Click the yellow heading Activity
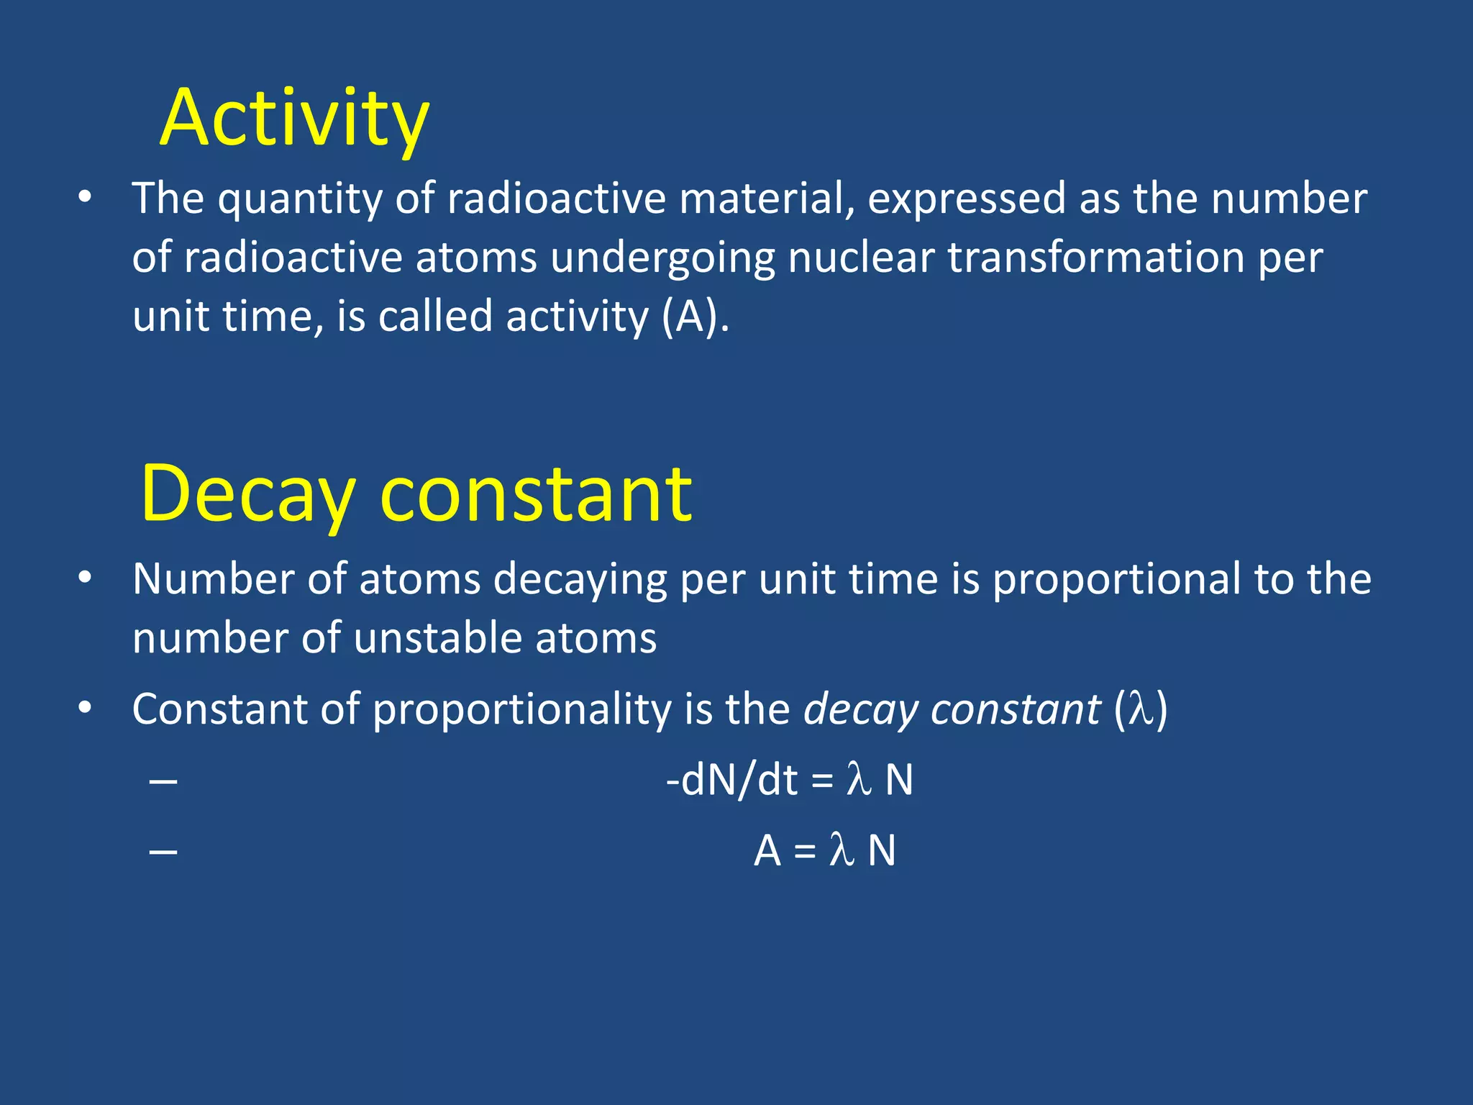[294, 119]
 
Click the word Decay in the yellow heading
[247, 495]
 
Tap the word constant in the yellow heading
[536, 495]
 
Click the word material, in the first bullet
[767, 199]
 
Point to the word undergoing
[662, 259]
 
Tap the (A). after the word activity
[695, 317]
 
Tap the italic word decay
[860, 711]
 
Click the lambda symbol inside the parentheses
[1140, 709]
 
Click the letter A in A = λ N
[767, 851]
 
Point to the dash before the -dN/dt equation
[163, 781]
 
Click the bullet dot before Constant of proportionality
[85, 709]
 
